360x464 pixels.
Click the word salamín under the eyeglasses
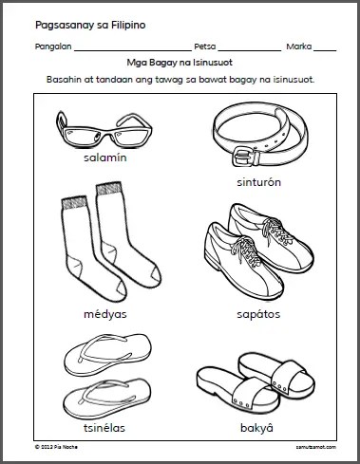click(105, 158)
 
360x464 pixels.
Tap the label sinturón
click(258, 182)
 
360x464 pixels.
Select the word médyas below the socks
click(105, 314)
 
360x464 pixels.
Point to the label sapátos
click(258, 314)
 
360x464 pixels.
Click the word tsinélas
click(104, 428)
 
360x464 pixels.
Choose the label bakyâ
click(256, 428)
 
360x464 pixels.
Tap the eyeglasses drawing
click(104, 129)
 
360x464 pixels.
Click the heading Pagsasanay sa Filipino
click(90, 26)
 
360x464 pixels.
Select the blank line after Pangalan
click(133, 50)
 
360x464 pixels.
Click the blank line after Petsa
click(250, 50)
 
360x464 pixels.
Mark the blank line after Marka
click(325, 50)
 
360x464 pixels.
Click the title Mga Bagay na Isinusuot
click(180, 63)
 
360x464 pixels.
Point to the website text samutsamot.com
click(316, 447)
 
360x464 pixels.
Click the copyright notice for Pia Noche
click(56, 447)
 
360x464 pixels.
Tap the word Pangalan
click(53, 46)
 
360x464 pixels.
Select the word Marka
click(299, 46)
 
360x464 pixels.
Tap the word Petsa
click(205, 46)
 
